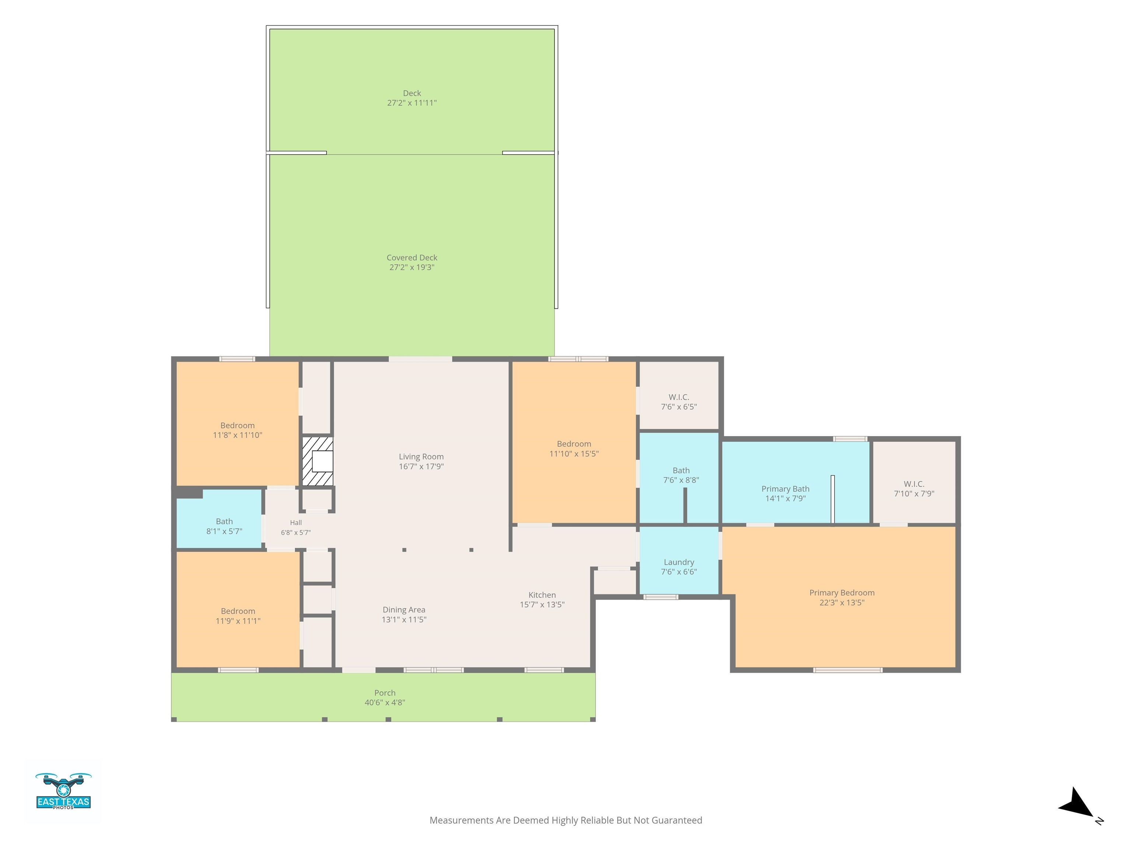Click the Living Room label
pyautogui.click(x=421, y=457)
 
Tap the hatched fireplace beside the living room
pyautogui.click(x=317, y=461)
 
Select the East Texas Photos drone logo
pyautogui.click(x=63, y=791)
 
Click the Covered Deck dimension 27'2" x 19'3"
pyautogui.click(x=412, y=267)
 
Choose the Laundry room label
pyautogui.click(x=679, y=562)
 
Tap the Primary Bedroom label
pyautogui.click(x=842, y=593)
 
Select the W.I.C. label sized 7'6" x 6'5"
pyautogui.click(x=679, y=397)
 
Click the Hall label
pyautogui.click(x=296, y=523)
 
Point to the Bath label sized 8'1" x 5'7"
pyautogui.click(x=224, y=521)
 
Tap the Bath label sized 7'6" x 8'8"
pyautogui.click(x=681, y=470)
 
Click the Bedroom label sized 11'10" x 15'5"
pyautogui.click(x=574, y=444)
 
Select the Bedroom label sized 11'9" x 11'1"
pyautogui.click(x=238, y=611)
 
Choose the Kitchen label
pyautogui.click(x=542, y=595)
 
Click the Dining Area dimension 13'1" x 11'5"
pyautogui.click(x=404, y=619)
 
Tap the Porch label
pyautogui.click(x=385, y=693)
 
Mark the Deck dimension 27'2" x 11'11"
pyautogui.click(x=412, y=103)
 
